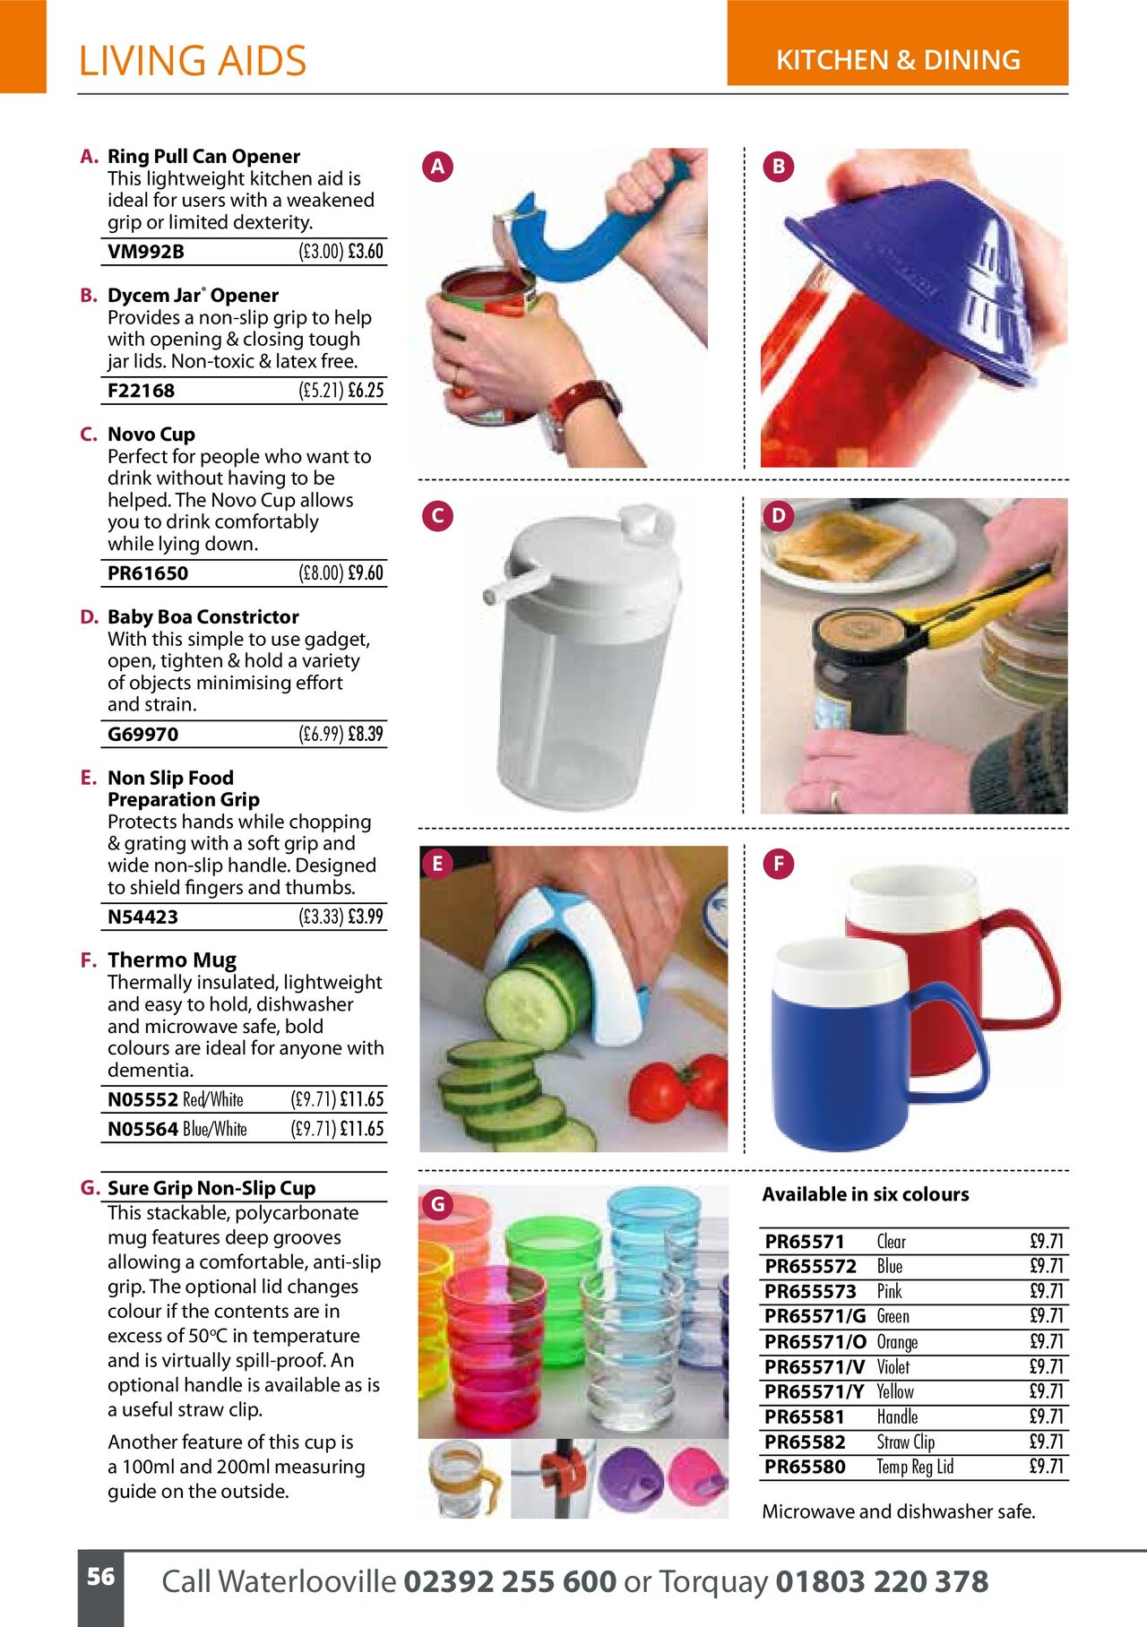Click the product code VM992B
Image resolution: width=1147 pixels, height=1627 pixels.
point(146,252)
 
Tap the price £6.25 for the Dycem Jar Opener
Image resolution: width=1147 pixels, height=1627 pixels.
point(366,391)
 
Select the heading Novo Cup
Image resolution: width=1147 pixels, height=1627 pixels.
point(151,435)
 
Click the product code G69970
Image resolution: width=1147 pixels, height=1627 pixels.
point(142,735)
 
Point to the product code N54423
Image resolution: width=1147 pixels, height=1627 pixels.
point(142,917)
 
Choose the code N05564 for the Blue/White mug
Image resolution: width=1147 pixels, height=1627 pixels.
point(142,1130)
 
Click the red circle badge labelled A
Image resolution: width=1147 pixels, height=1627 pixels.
point(437,167)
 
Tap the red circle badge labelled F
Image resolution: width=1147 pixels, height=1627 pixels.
point(778,865)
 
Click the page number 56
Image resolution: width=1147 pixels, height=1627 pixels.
point(100,1577)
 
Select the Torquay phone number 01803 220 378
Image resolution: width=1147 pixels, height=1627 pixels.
point(882,1581)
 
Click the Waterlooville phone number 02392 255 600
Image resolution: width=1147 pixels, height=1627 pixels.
point(509,1581)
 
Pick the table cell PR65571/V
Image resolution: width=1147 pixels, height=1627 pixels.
point(815,1367)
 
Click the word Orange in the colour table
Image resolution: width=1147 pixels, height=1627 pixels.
point(897,1342)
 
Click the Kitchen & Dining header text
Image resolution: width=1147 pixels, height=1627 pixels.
point(898,60)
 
